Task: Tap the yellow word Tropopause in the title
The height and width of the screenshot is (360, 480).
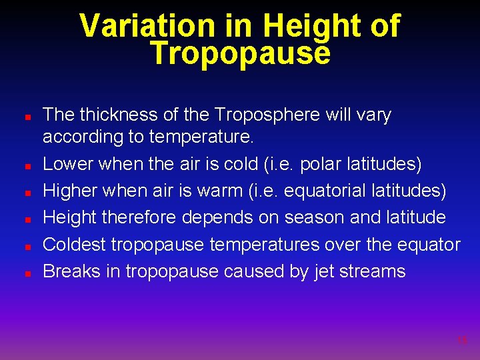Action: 240,53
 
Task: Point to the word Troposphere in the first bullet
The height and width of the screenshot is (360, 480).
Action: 267,115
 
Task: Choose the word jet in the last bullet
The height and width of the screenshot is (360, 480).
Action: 324,271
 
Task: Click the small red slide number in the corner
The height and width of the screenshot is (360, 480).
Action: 462,341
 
